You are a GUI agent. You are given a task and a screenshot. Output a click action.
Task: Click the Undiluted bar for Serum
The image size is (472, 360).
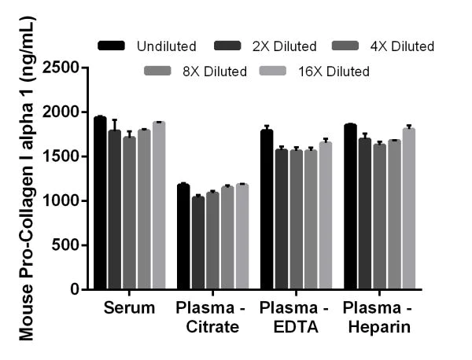(x=100, y=204)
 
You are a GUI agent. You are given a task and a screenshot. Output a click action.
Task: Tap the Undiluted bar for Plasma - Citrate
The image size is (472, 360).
(x=183, y=237)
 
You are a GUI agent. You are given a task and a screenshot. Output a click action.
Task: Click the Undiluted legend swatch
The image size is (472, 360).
(x=112, y=46)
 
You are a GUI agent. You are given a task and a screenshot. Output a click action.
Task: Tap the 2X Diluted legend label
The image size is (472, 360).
(x=284, y=46)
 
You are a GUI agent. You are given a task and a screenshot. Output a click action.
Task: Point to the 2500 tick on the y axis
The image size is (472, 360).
(x=89, y=68)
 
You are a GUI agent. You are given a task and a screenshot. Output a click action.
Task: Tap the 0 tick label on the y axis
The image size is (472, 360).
(x=76, y=289)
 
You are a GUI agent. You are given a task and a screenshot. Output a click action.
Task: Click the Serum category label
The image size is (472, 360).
(x=129, y=307)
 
